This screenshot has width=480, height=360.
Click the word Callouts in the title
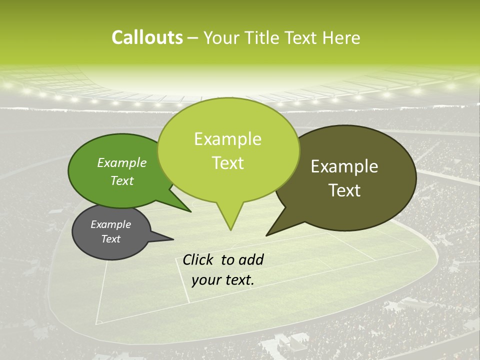(x=147, y=37)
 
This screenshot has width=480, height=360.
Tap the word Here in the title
(x=341, y=37)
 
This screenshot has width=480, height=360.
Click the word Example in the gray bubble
(x=110, y=224)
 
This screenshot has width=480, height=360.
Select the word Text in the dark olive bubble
(x=344, y=190)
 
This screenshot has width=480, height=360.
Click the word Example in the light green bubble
(x=227, y=139)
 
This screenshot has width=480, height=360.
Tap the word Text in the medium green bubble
(x=122, y=180)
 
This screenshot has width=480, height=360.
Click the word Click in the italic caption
(x=198, y=259)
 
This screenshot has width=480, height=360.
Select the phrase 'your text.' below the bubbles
(x=223, y=280)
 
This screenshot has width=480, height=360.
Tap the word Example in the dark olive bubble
(x=344, y=166)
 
